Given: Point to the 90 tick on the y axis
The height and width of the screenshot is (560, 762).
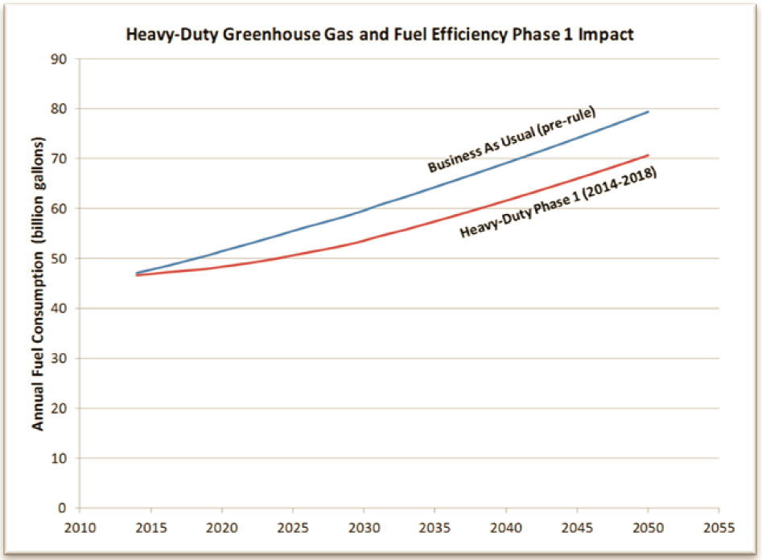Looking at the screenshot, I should (60, 59).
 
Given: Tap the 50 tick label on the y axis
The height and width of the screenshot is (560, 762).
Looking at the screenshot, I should (60, 258).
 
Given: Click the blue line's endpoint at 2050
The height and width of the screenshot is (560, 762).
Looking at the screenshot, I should (649, 112).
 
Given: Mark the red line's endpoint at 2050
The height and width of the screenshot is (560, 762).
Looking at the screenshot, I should (649, 155).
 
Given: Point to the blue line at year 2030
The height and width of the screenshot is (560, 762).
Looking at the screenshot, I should (364, 212).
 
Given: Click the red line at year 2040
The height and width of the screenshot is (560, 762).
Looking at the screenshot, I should (506, 200).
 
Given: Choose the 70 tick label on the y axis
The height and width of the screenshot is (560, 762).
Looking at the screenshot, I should (60, 159).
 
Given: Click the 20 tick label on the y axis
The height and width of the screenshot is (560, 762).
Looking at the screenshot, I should (60, 408).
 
